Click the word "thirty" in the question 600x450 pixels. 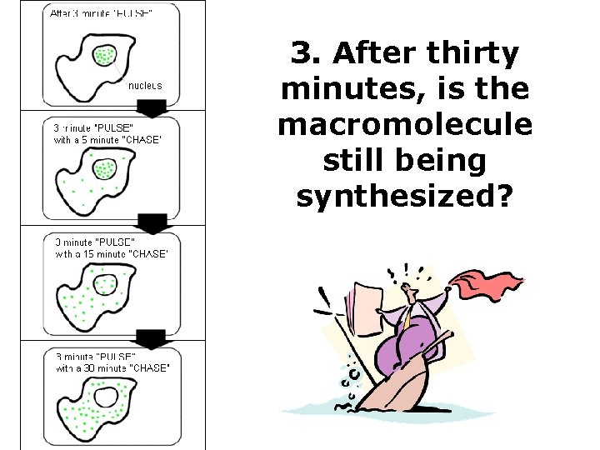(472, 55)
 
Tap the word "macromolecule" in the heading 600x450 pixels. (405, 124)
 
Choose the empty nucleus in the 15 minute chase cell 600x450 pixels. (106, 285)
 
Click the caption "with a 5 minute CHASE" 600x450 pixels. (107, 139)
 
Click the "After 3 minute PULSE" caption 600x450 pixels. (102, 13)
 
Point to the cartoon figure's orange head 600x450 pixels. (410, 292)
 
